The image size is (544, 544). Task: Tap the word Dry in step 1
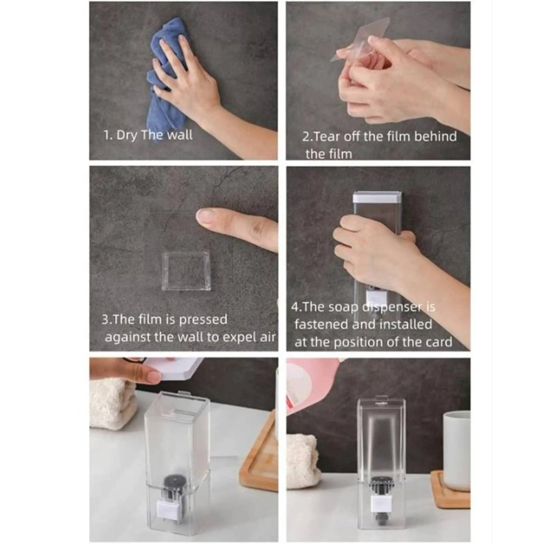point(126,135)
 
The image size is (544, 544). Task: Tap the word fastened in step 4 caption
point(322,324)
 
